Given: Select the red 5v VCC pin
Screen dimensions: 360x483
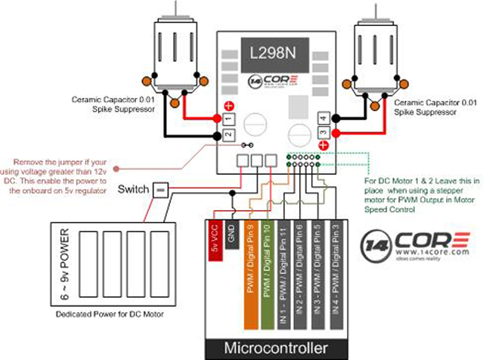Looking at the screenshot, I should tap(214, 241).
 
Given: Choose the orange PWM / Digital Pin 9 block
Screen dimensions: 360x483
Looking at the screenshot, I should tap(250, 260).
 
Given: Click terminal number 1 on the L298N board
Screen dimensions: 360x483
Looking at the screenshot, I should tap(228, 119).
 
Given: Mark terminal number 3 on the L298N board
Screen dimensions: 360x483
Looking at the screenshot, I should tap(323, 134).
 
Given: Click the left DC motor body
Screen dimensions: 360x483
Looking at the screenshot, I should tap(178, 48).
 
